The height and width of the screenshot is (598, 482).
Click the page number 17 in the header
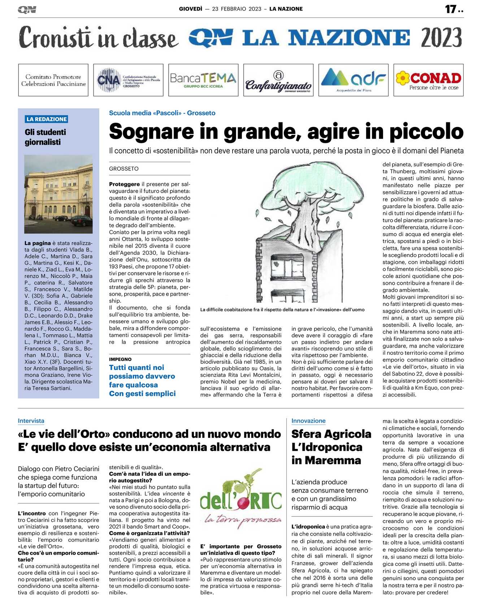coord(450,9)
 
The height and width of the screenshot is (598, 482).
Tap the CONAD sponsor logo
coord(428,80)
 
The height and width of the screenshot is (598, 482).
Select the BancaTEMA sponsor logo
coord(203,80)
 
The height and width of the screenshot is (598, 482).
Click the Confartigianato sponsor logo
coord(278,80)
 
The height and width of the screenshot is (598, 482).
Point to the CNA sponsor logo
coord(128,80)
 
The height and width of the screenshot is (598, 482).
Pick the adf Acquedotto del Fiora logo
coord(353,80)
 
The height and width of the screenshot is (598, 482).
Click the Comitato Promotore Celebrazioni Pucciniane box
coord(53,80)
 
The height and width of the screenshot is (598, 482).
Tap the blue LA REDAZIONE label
coord(47,119)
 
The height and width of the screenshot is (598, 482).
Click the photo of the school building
coord(58,194)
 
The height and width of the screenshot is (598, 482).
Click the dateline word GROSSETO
coord(123,169)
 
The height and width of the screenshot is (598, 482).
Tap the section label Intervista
coord(31,421)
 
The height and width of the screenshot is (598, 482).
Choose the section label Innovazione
coord(308,421)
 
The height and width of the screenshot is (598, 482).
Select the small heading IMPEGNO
coord(120,359)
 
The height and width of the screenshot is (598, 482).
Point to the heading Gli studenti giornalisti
coord(45,137)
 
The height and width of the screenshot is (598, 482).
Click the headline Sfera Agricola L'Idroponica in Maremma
coord(331,447)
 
